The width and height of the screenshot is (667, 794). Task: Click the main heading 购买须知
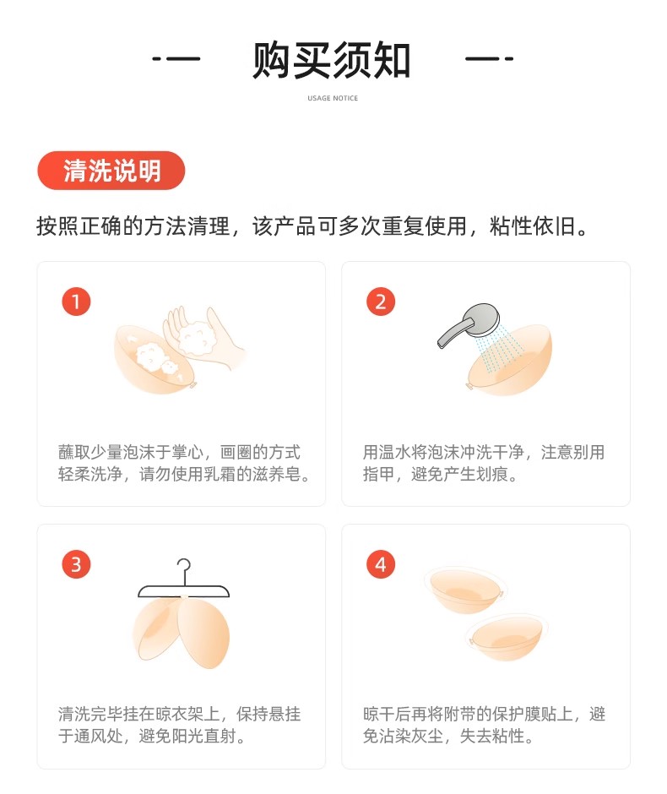tap(332, 60)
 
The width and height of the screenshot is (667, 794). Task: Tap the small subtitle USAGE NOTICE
tap(333, 98)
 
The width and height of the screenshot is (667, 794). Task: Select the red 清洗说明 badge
tap(111, 171)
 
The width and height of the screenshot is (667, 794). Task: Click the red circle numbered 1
tap(77, 302)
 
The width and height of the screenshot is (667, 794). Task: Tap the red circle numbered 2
tap(381, 302)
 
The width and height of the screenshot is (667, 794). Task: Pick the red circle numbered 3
tap(77, 564)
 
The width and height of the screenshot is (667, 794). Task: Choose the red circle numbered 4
tap(381, 564)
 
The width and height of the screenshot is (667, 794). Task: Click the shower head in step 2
tap(468, 324)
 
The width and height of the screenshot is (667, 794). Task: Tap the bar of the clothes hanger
tap(184, 591)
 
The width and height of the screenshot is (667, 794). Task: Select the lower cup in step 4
tap(507, 637)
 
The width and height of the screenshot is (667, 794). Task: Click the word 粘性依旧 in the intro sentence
tap(533, 226)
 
